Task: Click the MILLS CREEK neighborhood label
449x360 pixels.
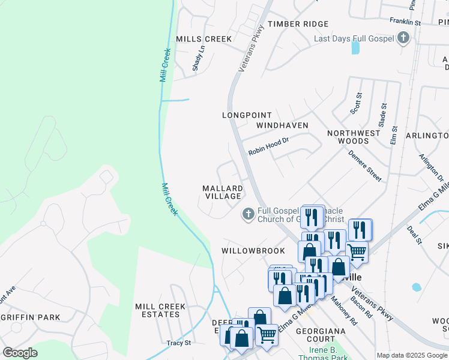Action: [203, 39]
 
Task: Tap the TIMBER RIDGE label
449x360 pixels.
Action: [298, 24]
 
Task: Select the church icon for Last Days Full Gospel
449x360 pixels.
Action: [403, 39]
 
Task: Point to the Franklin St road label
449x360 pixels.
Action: [405, 21]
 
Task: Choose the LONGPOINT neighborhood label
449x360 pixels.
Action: [247, 115]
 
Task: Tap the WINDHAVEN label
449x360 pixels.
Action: [282, 125]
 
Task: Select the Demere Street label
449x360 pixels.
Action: [365, 166]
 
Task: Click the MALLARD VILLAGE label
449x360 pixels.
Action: [223, 192]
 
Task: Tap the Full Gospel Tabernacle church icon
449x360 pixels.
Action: [248, 214]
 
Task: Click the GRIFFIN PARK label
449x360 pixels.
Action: [29, 317]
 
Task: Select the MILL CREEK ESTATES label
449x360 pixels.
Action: [160, 310]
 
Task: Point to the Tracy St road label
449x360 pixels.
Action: [178, 343]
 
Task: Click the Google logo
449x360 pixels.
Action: [20, 353]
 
